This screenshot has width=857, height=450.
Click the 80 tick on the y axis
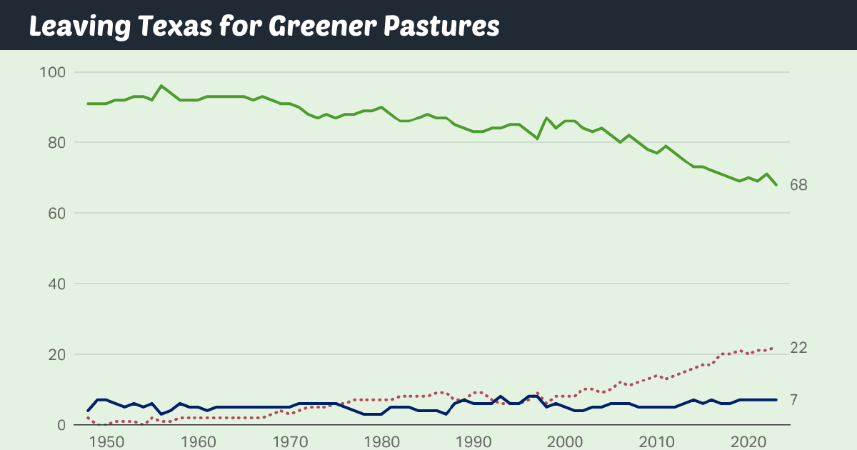[x=57, y=143]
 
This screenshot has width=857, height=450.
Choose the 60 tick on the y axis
[x=57, y=214]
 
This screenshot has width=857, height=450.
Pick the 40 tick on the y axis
[x=57, y=284]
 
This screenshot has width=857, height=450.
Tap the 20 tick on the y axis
[x=57, y=355]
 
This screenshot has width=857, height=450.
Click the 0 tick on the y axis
[x=61, y=426]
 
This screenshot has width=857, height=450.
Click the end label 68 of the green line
[x=798, y=185]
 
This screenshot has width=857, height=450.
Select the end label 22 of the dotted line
[x=798, y=348]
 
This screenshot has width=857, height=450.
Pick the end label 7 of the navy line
[x=794, y=400]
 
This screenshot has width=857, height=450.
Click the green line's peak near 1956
[x=161, y=86]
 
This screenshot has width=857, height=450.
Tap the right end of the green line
[x=776, y=185]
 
